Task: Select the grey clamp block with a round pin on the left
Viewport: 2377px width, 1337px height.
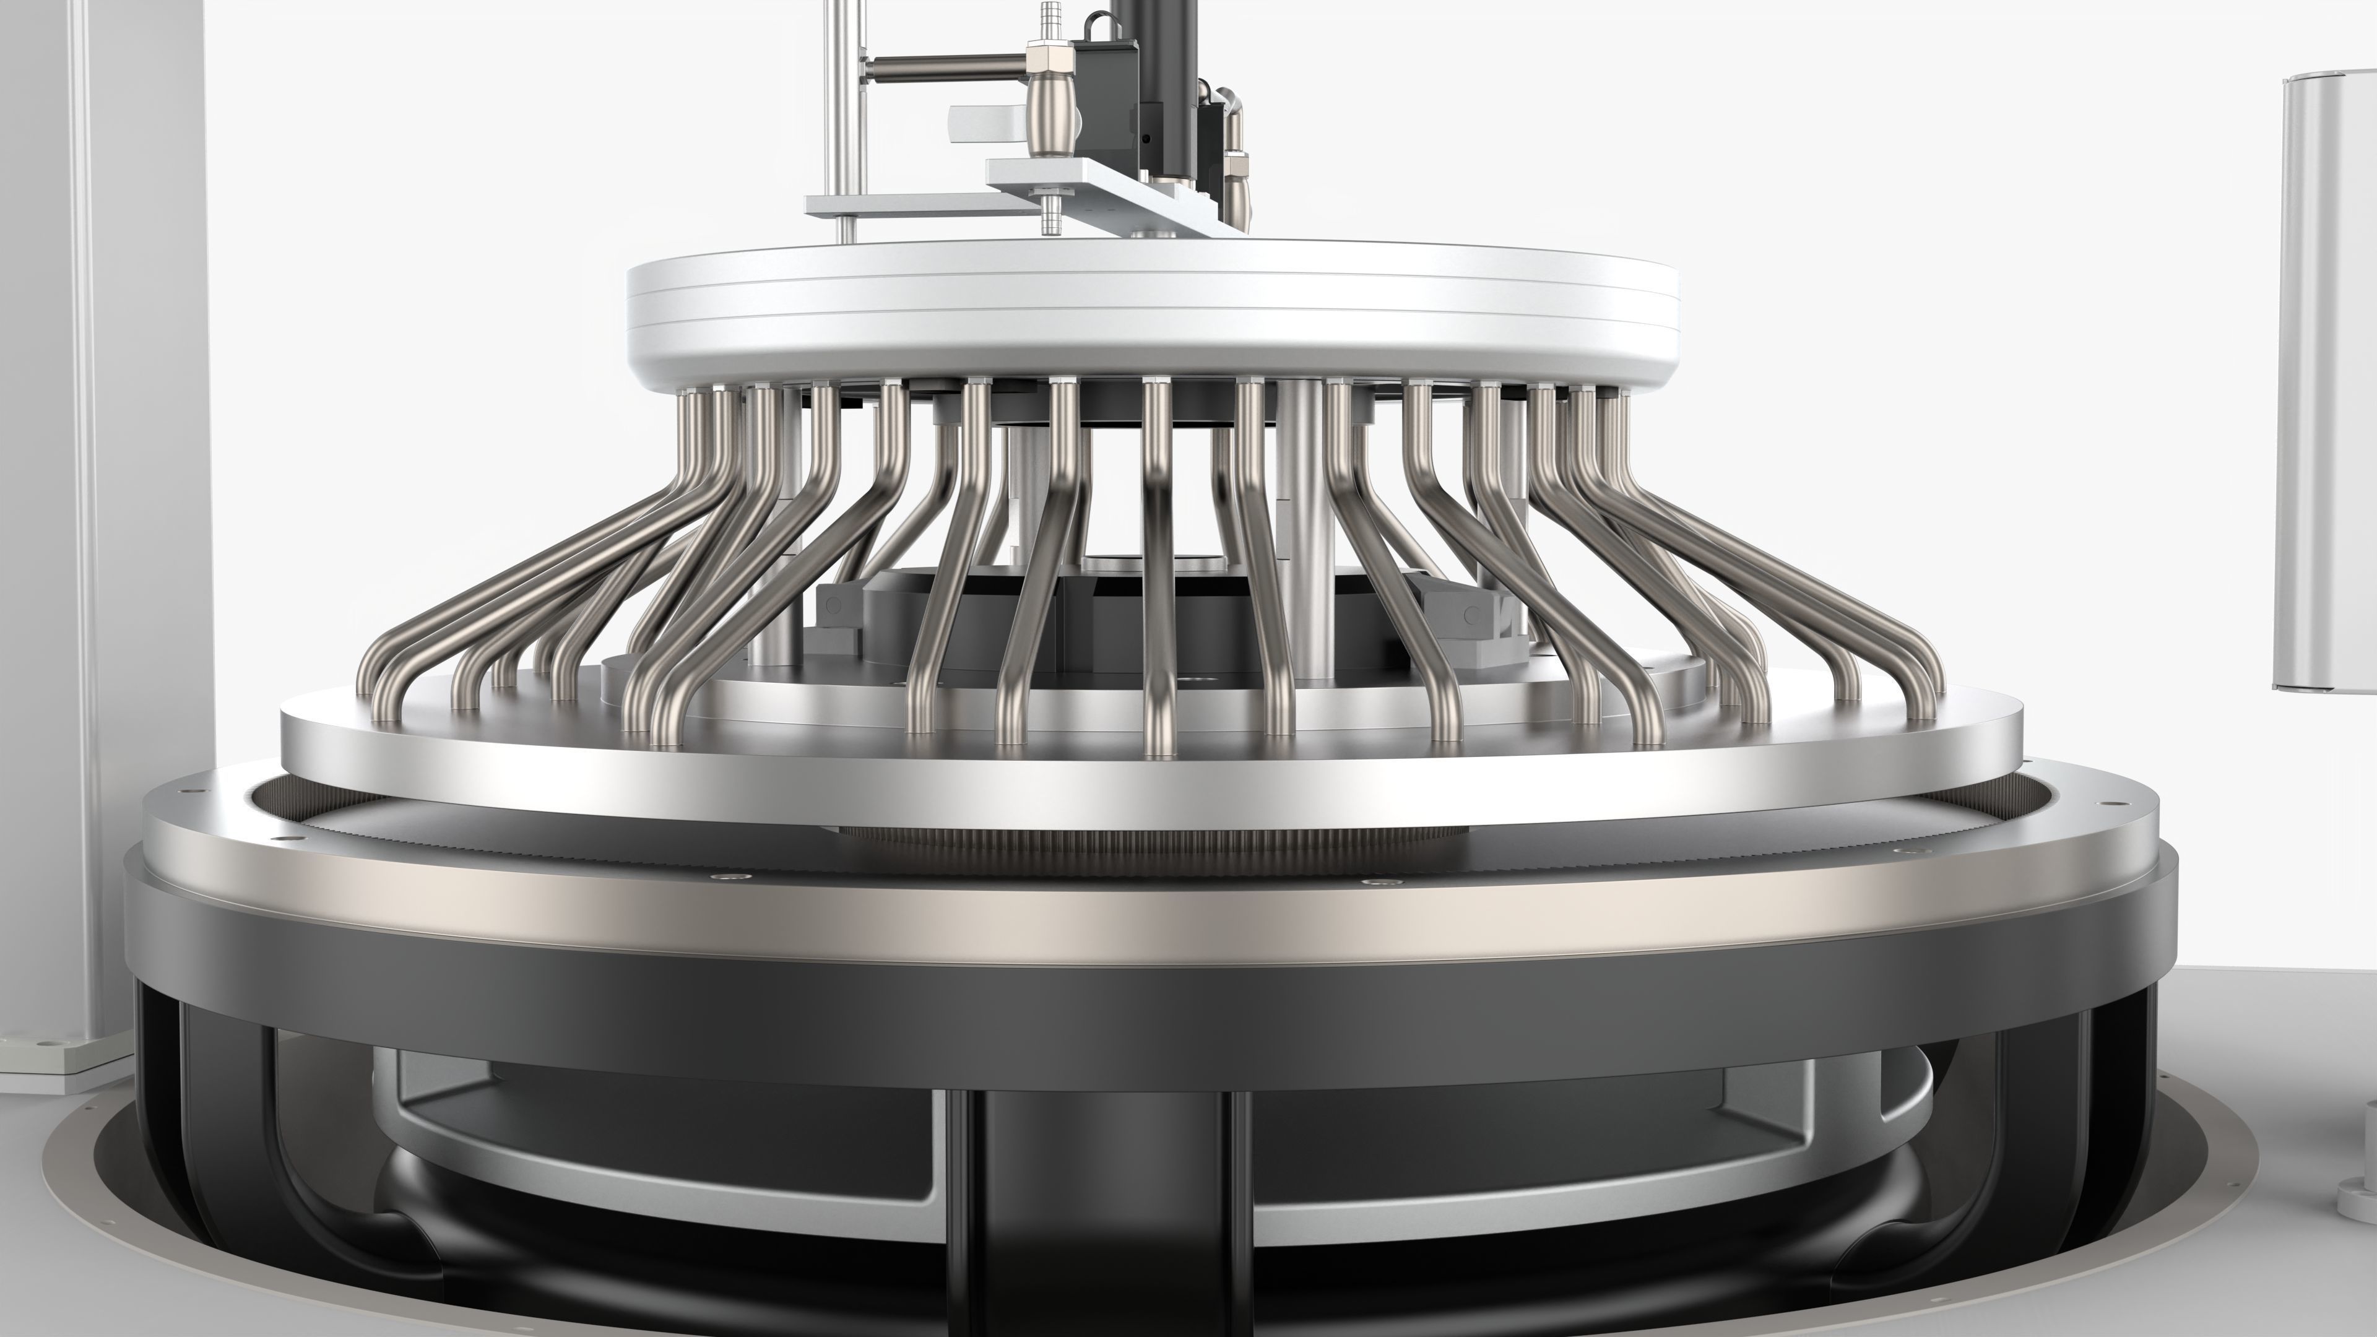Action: coord(837,609)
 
